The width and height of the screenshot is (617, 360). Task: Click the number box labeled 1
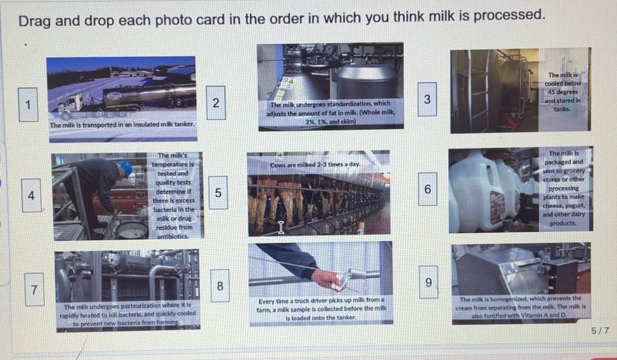28,104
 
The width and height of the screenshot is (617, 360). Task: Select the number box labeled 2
216,102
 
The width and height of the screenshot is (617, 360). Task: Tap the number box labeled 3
427,99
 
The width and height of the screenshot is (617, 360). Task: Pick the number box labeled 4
32,195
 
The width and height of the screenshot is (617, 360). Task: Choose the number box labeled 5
218,193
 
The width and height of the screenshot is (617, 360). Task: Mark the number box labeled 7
34,289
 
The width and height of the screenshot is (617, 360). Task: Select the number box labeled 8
220,286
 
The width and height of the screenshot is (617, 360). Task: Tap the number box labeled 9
428,282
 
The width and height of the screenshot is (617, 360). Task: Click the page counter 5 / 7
599,331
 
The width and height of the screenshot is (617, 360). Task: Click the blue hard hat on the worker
126,168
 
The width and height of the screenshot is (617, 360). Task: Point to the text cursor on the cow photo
281,227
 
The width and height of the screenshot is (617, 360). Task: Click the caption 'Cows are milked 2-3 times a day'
316,165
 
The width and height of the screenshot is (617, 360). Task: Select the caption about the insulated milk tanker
122,125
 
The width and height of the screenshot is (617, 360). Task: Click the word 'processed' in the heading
507,15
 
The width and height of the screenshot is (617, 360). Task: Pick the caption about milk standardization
331,112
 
